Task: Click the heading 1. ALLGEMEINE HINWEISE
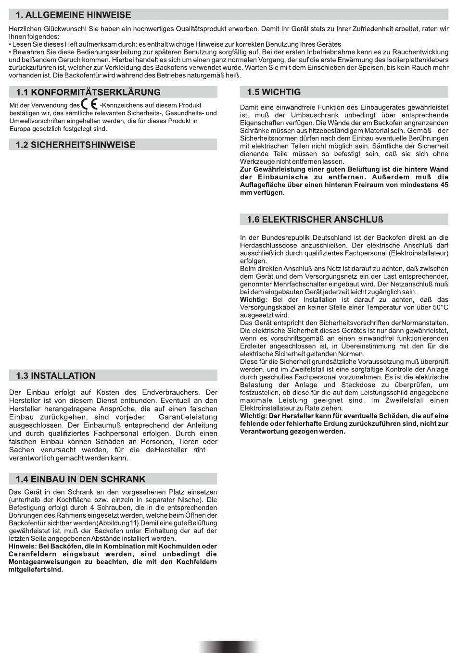(x=73, y=15)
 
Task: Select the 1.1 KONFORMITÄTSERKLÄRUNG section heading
(x=88, y=92)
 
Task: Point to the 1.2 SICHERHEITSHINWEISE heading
(x=76, y=145)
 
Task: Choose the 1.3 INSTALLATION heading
(x=55, y=375)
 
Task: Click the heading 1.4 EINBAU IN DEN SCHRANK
(x=80, y=479)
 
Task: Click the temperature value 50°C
(x=439, y=308)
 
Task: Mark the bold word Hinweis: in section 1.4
(x=23, y=546)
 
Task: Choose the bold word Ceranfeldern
(x=32, y=554)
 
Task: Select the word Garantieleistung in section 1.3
(x=188, y=417)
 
